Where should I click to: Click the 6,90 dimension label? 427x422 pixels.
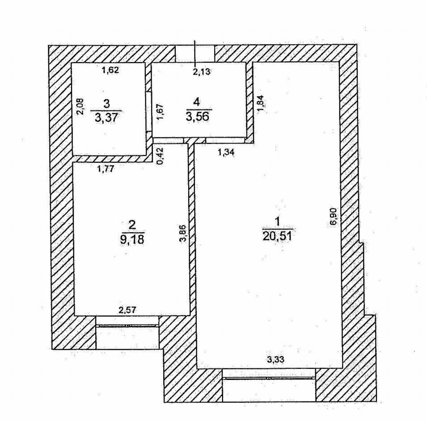[333, 217]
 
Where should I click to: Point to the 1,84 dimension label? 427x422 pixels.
[262, 103]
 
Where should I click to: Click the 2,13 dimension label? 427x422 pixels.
[201, 71]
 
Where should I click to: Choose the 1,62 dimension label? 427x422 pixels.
[110, 70]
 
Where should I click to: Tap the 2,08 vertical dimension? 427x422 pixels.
[79, 107]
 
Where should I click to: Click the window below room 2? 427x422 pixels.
[127, 326]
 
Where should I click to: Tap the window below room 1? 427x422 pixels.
[269, 378]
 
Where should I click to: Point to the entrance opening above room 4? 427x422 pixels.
[194, 53]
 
